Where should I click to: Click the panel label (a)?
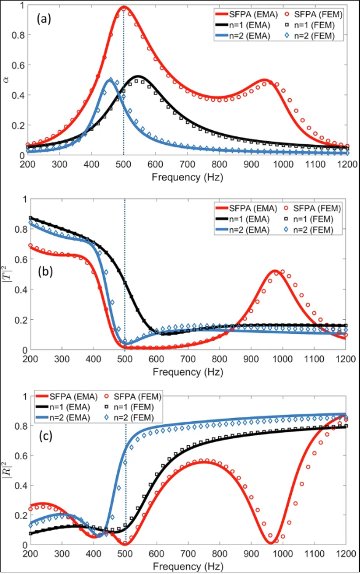coord(44,19)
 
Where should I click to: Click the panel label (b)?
coord(45,271)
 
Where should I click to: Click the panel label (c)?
coord(45,436)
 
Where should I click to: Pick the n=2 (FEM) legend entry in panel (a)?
coord(309,36)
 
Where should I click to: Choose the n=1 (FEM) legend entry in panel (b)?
coord(308,219)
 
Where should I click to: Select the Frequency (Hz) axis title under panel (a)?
coord(187,177)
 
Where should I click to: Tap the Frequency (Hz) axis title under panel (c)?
coord(187,567)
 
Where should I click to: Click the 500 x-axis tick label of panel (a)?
coord(123,164)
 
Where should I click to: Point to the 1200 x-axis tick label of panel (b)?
coord(345,359)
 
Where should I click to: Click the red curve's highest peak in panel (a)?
coord(123,7)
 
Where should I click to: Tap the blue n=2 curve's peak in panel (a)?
coord(109,79)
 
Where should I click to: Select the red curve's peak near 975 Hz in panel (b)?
coord(275,271)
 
